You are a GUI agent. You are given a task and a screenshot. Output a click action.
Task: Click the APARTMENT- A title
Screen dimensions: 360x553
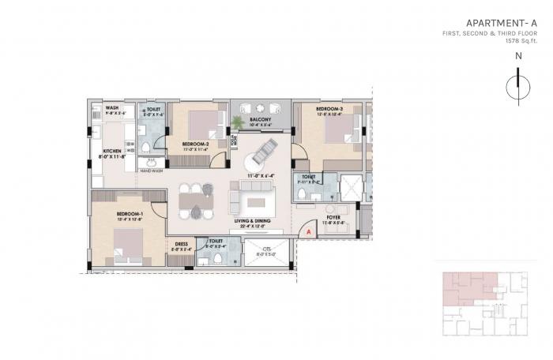point(501,23)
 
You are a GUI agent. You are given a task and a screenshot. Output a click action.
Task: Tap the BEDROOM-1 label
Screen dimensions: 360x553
point(129,214)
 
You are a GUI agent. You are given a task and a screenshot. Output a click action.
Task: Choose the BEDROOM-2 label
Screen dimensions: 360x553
point(196,143)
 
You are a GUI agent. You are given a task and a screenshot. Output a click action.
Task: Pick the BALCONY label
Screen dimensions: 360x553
point(261,119)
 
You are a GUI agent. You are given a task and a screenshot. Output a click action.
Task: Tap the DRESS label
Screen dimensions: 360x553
point(181,245)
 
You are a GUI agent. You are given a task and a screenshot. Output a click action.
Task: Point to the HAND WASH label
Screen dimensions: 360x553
point(152,171)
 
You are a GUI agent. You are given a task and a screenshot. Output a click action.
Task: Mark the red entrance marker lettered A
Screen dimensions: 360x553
point(308,231)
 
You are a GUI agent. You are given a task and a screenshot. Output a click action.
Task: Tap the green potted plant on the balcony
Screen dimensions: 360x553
point(237,124)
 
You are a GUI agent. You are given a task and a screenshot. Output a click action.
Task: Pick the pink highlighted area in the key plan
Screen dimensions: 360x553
point(466,284)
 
